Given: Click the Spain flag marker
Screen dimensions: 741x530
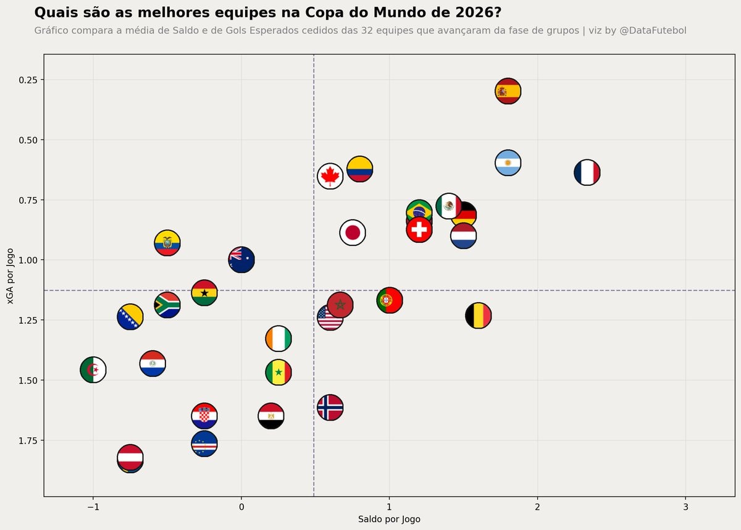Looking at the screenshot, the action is [x=508, y=91].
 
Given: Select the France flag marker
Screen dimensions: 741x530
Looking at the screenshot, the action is [x=587, y=172].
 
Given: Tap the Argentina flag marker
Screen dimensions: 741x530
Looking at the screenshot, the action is [x=508, y=163].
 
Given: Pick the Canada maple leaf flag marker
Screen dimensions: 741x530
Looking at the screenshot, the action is [x=330, y=176].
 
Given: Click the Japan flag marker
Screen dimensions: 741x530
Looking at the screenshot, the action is [x=353, y=233].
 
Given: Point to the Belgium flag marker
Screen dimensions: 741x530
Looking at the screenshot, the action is [x=478, y=315].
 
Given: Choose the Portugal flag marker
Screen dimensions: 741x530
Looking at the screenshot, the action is [x=390, y=300].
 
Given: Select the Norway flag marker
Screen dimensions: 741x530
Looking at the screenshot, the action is [x=330, y=407].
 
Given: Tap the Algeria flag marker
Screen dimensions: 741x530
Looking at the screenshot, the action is [x=93, y=369].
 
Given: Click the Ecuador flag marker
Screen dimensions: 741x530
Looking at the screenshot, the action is [x=167, y=243].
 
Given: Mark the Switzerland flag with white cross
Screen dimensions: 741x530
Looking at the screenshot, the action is [x=419, y=229].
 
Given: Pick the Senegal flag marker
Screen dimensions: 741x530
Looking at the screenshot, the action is [x=278, y=372].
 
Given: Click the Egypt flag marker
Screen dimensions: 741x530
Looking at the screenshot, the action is [x=271, y=416].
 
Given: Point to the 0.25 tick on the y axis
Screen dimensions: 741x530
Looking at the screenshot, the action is [x=43, y=80].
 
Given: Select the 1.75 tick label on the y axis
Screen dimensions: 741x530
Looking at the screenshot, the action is [x=28, y=440].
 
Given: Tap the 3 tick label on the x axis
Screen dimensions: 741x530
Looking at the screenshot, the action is [x=685, y=507].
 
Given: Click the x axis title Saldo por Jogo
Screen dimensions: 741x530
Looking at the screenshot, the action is [x=389, y=519].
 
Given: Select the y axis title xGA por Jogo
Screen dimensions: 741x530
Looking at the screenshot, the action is [x=10, y=276].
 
